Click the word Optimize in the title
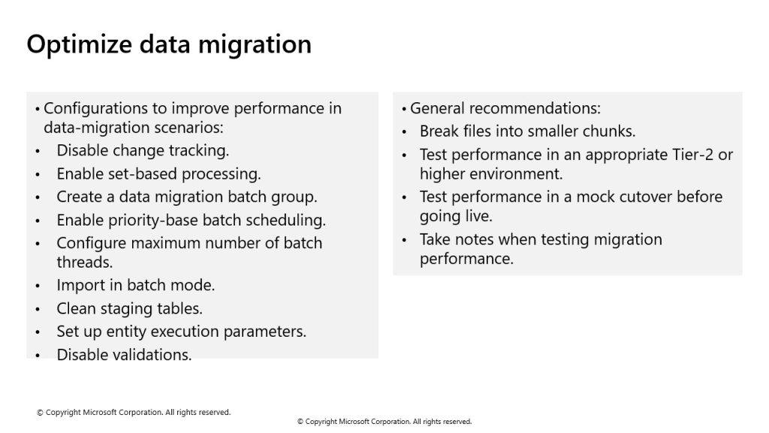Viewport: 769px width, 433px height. coord(80,44)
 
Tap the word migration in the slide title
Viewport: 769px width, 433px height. coord(255,44)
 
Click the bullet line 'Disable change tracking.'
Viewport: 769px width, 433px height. coord(143,150)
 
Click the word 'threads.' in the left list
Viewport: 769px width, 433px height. coord(84,262)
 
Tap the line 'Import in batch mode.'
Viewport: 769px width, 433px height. coord(136,285)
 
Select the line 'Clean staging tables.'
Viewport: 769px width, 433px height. coord(129,309)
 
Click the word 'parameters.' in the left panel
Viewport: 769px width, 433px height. coord(265,332)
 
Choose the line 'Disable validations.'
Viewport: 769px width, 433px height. coord(124,355)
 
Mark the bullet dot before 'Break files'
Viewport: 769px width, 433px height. coord(404,132)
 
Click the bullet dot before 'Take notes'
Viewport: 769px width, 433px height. coord(404,241)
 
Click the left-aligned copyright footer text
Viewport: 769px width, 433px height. coord(134,413)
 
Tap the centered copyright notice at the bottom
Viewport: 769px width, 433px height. coord(384,422)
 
